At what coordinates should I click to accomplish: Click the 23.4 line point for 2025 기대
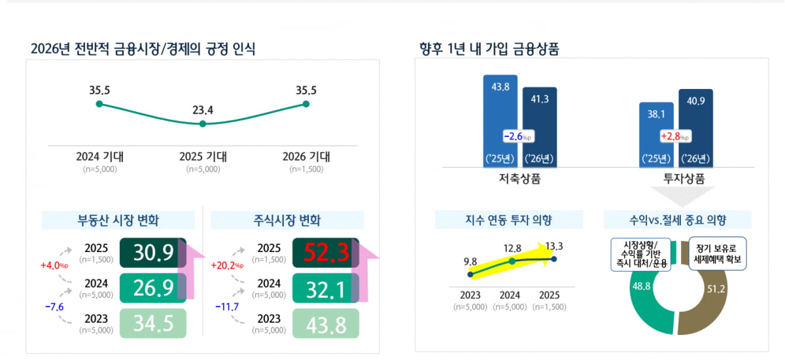[203, 123]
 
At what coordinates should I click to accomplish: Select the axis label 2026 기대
[306, 156]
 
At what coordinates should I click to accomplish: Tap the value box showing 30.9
[153, 253]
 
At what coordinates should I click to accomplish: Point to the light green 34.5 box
[153, 323]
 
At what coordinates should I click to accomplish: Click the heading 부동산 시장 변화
[118, 220]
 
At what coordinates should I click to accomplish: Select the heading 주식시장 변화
[287, 220]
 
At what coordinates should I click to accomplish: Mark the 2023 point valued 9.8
[470, 274]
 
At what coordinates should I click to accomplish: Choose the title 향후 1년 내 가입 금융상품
[489, 49]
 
